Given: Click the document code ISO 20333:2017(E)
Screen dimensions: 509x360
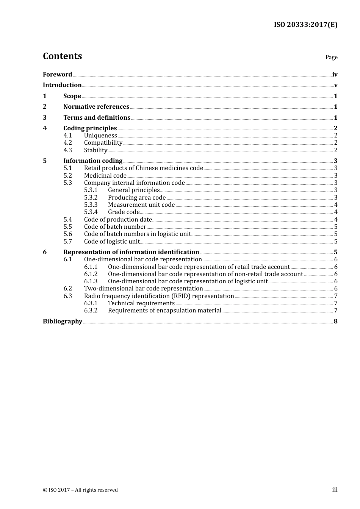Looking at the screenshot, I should (305, 25).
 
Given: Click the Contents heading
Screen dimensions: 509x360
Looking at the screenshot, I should (62, 56).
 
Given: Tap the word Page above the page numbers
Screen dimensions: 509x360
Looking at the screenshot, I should (331, 57).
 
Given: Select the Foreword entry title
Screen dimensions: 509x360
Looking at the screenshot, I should (57, 74).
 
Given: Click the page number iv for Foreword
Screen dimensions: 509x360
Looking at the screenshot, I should (335, 75).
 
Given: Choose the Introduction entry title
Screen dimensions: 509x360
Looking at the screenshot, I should (62, 85).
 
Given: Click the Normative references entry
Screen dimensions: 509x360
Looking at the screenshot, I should (96, 106).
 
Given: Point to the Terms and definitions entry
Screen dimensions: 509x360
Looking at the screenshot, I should (97, 117).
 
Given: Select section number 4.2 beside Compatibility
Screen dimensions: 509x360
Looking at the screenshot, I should (67, 143).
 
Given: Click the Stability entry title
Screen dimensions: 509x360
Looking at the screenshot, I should (95, 150).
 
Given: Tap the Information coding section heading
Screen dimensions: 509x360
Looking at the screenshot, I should (93, 161).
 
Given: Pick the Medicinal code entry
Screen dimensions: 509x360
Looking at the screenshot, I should (105, 175).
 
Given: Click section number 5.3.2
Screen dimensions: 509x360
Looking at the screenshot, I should (91, 197).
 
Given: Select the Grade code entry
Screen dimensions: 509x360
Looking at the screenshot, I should (124, 212).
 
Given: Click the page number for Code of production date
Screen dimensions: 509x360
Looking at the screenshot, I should (336, 220).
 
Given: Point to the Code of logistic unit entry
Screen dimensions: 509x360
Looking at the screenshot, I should (112, 241).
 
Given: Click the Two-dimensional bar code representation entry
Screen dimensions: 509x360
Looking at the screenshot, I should (143, 289).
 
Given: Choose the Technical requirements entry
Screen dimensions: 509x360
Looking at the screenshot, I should (141, 303).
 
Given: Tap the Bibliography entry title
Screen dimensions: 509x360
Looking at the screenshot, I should (63, 321).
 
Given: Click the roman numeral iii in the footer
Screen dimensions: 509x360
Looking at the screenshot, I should (335, 490).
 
